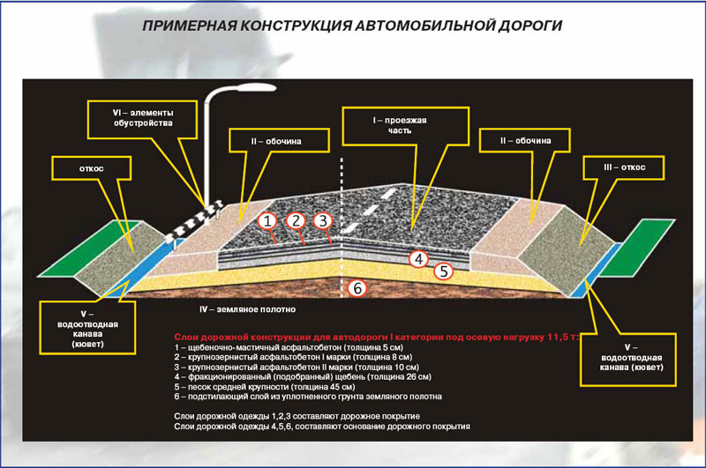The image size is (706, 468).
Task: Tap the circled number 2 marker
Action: [x=297, y=219]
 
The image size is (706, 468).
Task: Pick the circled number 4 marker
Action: [x=421, y=258]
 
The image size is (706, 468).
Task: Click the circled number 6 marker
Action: [x=357, y=288]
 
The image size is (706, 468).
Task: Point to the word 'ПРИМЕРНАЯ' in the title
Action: [x=188, y=26]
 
